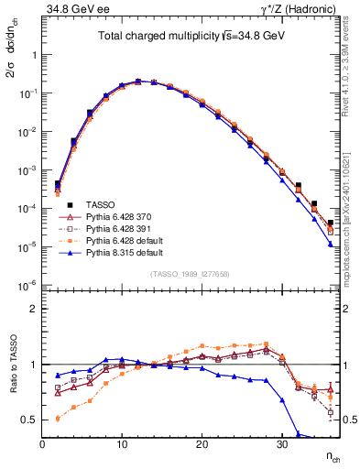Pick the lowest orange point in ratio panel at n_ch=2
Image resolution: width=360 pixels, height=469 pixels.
[x=58, y=419]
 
